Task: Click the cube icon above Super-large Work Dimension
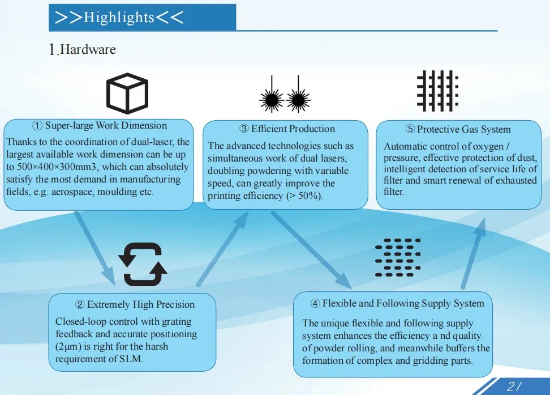(127, 95)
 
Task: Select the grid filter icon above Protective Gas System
(437, 91)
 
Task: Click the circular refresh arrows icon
(143, 265)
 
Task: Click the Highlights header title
(119, 18)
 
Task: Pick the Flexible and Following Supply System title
(397, 304)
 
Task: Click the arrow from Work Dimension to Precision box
(94, 247)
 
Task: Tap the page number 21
(514, 387)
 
